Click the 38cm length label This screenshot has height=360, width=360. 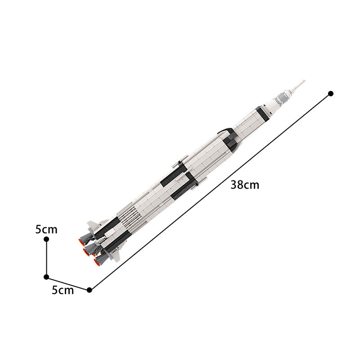(245, 184)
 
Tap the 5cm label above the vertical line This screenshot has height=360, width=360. (46, 229)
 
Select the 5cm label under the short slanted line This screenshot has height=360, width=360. (63, 290)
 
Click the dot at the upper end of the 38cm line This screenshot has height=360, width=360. (331, 93)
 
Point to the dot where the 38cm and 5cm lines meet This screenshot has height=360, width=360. (90, 290)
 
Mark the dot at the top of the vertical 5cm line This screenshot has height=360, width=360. (46, 239)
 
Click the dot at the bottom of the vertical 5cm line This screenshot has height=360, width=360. (46, 277)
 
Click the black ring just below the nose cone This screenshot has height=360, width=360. (262, 113)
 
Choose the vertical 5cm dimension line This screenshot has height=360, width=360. (46, 258)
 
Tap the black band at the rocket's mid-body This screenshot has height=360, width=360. (180, 180)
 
